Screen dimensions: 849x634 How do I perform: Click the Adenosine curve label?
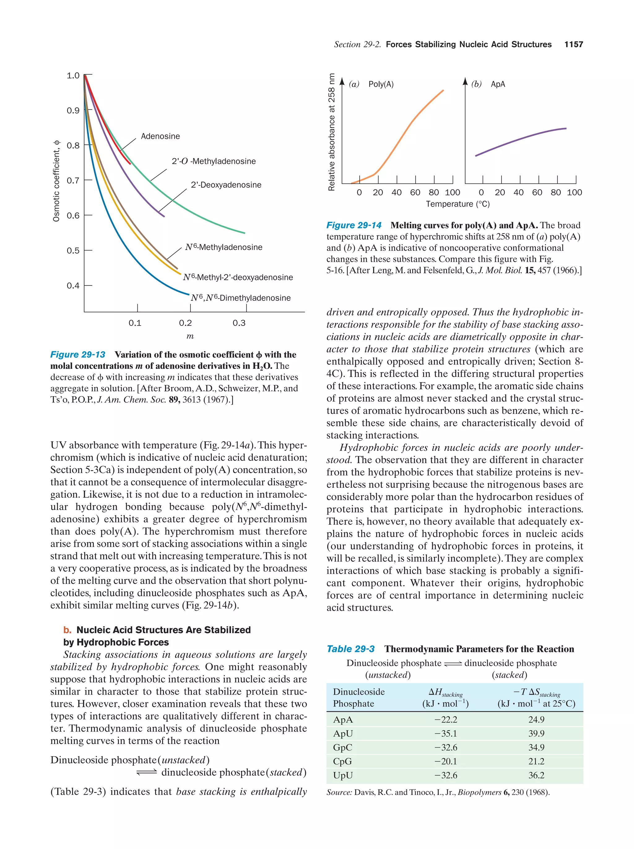(x=160, y=136)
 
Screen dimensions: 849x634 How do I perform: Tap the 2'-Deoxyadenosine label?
(x=226, y=185)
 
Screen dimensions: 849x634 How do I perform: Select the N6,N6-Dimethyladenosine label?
(x=241, y=298)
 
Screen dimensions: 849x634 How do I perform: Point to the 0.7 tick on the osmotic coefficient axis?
(x=73, y=180)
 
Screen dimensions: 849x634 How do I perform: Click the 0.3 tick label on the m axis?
(x=239, y=323)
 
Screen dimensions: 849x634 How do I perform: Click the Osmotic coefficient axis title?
(x=56, y=180)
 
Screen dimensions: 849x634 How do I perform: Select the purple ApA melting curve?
(x=522, y=140)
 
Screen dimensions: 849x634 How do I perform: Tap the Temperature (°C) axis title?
(x=458, y=204)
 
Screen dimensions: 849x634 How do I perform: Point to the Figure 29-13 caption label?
(x=78, y=355)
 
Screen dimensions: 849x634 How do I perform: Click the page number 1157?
(x=573, y=45)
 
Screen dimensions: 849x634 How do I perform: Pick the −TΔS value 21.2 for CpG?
(x=536, y=761)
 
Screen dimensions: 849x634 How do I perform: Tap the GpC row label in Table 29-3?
(x=342, y=748)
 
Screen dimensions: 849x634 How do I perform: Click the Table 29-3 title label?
(x=350, y=649)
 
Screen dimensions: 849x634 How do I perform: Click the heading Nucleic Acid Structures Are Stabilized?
(x=163, y=630)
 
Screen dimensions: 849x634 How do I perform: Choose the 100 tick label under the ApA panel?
(x=574, y=193)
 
